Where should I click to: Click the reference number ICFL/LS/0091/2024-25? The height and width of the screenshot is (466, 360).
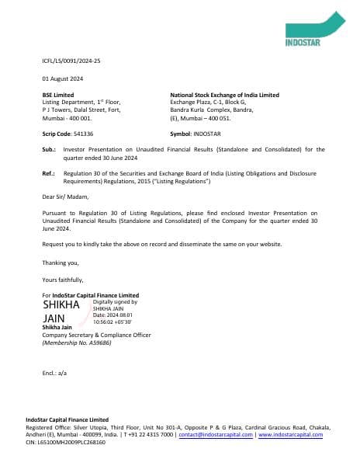point(71,60)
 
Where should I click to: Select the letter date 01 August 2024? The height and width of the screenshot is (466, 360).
point(62,78)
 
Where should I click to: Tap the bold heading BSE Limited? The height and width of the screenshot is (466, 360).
point(58,95)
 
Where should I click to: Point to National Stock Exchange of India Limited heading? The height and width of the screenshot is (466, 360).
point(224,95)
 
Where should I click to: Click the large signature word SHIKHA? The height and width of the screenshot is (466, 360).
point(61,304)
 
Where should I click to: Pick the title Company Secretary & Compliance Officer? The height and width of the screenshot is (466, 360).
point(96,335)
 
